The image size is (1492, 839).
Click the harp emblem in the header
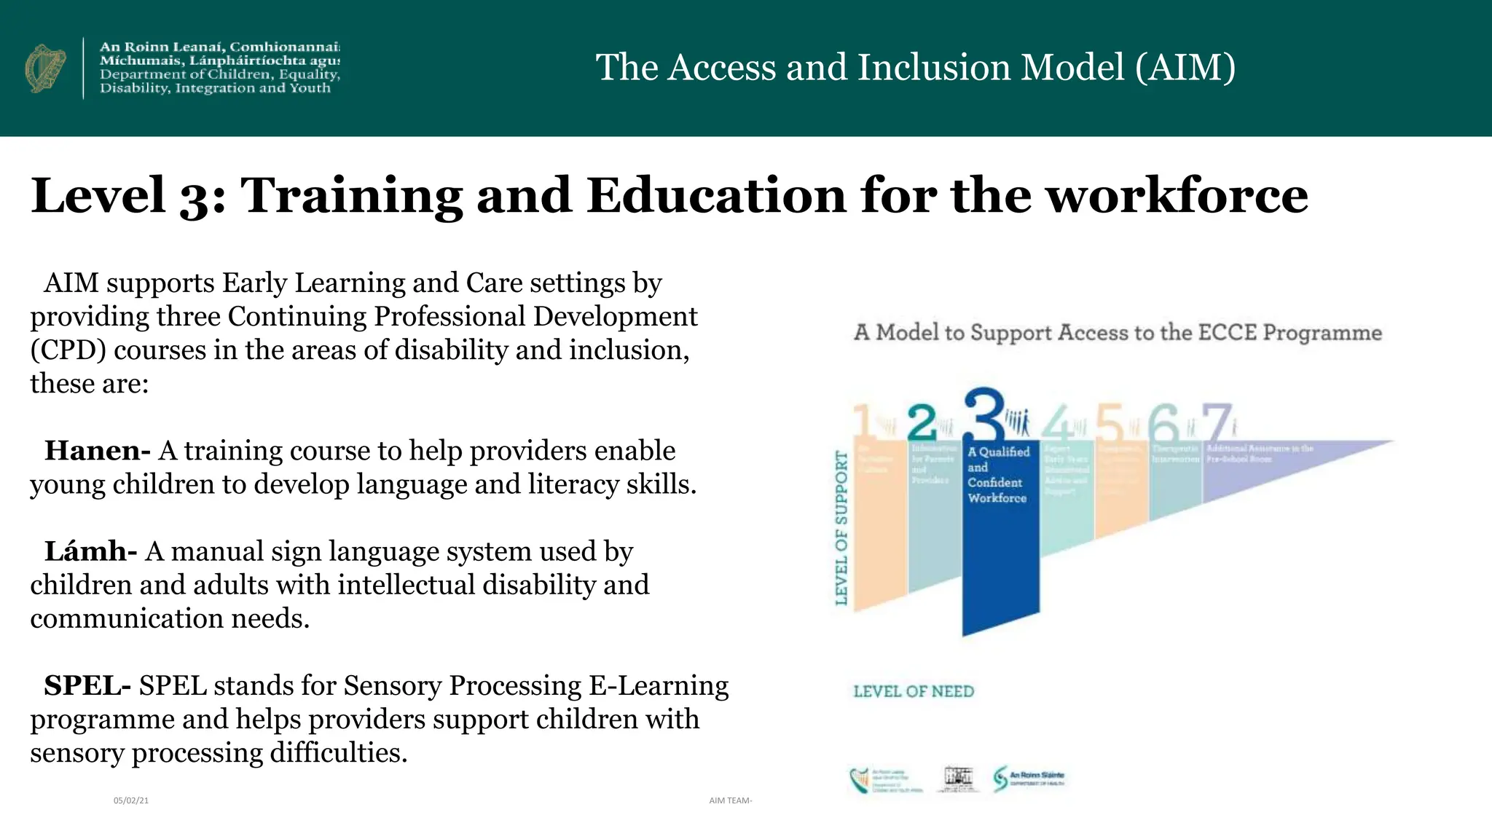(45, 68)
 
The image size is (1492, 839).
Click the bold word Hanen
(96, 451)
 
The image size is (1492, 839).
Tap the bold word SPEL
(87, 685)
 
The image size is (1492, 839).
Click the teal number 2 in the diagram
(922, 420)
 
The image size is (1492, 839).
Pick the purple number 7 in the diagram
(1217, 421)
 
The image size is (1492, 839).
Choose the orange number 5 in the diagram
(1110, 421)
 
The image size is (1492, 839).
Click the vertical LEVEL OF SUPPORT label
(841, 527)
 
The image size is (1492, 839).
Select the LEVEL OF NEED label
(914, 691)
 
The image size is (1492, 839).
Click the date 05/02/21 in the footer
(131, 800)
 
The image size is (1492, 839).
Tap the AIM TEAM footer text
(730, 800)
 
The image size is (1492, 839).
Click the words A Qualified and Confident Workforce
(998, 475)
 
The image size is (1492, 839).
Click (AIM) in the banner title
(1185, 67)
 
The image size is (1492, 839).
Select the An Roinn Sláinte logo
(1029, 779)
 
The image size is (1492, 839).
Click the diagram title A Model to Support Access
(1118, 333)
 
